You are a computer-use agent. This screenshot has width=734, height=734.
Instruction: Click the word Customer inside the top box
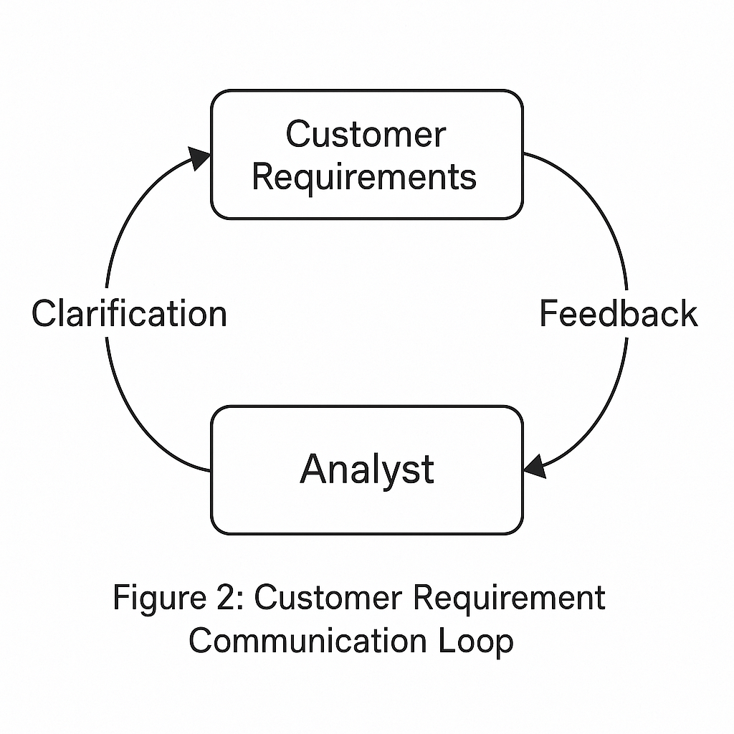(x=366, y=134)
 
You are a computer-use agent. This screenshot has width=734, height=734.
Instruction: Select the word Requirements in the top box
(x=364, y=177)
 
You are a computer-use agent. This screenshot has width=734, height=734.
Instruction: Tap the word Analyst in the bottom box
(x=367, y=470)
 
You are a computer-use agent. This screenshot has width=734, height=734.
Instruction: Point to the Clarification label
(x=129, y=313)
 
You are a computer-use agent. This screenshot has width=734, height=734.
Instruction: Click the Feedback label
(x=619, y=313)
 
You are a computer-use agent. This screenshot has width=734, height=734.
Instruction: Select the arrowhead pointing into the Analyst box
(x=535, y=467)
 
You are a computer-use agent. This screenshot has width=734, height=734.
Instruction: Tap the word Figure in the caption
(x=160, y=599)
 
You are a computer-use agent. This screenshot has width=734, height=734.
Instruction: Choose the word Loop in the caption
(x=476, y=642)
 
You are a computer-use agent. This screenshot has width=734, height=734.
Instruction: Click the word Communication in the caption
(x=308, y=641)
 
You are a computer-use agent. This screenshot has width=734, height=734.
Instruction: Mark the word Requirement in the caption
(x=510, y=599)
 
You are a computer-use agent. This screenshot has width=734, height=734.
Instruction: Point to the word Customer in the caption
(x=328, y=597)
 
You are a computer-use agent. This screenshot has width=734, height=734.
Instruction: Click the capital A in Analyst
(x=314, y=468)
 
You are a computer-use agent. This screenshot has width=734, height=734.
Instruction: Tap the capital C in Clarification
(x=44, y=313)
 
